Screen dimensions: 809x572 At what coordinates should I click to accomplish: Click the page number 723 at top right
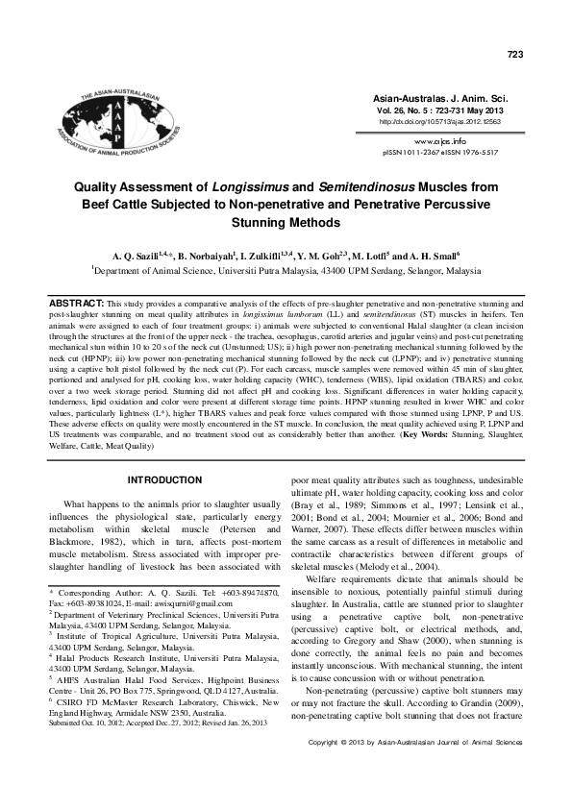click(514, 56)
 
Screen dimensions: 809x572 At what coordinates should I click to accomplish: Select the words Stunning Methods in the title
click(286, 222)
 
